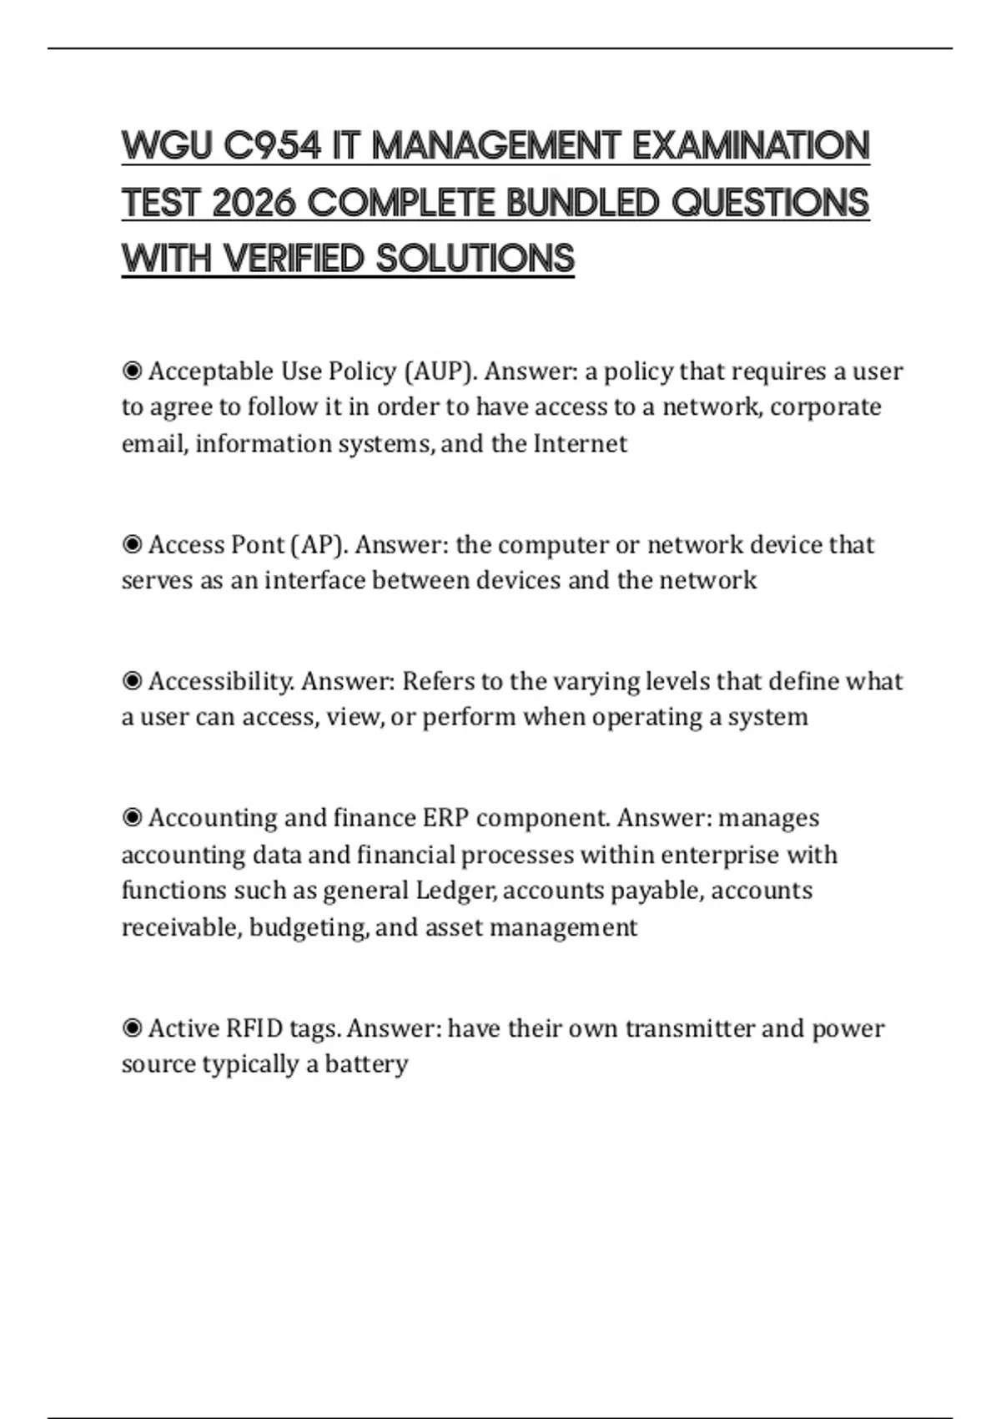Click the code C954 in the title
272,146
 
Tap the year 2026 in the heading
254,203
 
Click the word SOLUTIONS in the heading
475,259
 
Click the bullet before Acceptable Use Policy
132,371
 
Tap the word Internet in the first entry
580,443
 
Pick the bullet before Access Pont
132,545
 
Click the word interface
314,580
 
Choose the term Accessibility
221,682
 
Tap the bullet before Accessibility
132,682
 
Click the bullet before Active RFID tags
132,1028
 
